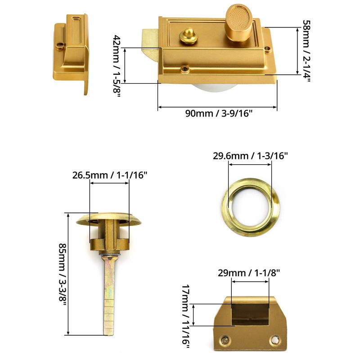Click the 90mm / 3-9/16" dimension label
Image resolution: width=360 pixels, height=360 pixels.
(x=219, y=113)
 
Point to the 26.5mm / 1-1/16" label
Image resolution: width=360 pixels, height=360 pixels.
(x=110, y=175)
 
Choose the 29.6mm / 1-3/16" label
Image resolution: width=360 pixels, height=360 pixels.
(x=250, y=156)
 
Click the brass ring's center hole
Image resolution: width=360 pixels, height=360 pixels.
(x=250, y=200)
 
